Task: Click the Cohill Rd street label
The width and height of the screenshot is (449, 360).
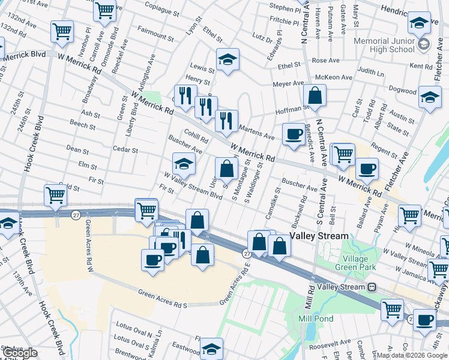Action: click(196, 136)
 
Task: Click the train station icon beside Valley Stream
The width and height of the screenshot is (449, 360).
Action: click(372, 287)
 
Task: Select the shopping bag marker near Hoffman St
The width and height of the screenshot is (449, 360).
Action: click(315, 95)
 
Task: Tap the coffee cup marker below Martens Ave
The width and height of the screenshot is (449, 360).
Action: click(294, 134)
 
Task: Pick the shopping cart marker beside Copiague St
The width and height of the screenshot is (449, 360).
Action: click(104, 10)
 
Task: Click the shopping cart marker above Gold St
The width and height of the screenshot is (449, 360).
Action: click(55, 195)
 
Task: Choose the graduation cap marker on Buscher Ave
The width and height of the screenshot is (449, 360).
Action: click(184, 163)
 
